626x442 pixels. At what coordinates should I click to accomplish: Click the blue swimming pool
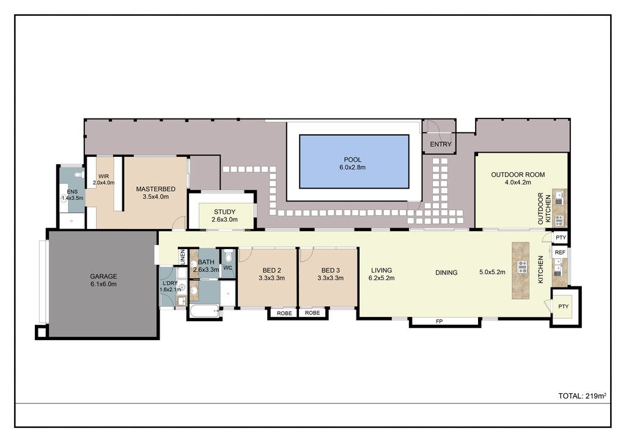point(354,161)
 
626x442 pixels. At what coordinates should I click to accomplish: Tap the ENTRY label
point(440,144)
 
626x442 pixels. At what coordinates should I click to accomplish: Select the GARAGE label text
point(103,276)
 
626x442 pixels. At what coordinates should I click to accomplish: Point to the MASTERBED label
point(156,189)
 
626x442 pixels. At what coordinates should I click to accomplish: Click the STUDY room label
point(225,212)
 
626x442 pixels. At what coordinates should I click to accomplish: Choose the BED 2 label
point(271,270)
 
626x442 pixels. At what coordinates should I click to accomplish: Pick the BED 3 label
point(331,270)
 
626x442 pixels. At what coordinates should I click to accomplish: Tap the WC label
point(227,268)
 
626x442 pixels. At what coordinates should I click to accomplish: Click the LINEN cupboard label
point(183,257)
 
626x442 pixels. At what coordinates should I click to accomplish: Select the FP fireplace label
point(439,321)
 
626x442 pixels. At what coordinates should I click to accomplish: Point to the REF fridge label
point(560,252)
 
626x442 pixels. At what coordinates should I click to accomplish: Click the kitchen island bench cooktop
point(522,267)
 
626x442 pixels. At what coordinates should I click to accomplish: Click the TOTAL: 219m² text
point(583,396)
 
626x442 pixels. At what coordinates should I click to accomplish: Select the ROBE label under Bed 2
point(284,313)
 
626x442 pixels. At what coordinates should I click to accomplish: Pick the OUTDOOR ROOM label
point(518,175)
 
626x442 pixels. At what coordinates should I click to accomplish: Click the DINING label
point(446,273)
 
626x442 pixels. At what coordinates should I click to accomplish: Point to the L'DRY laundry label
point(170,283)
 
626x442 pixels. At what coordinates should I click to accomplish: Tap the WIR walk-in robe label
point(103,176)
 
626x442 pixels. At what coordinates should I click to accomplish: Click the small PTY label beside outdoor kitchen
point(561,237)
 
